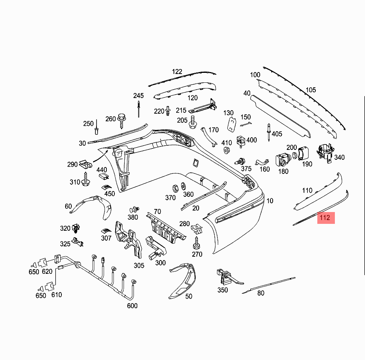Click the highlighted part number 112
pyautogui.click(x=326, y=218)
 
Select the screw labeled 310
pyautogui.click(x=86, y=179)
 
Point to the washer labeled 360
pyautogui.click(x=183, y=186)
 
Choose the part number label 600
pyautogui.click(x=132, y=306)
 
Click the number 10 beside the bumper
pyautogui.click(x=270, y=201)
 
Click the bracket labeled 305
pyautogui.click(x=129, y=239)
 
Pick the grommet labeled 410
pyautogui.click(x=226, y=150)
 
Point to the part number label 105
pyautogui.click(x=311, y=90)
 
